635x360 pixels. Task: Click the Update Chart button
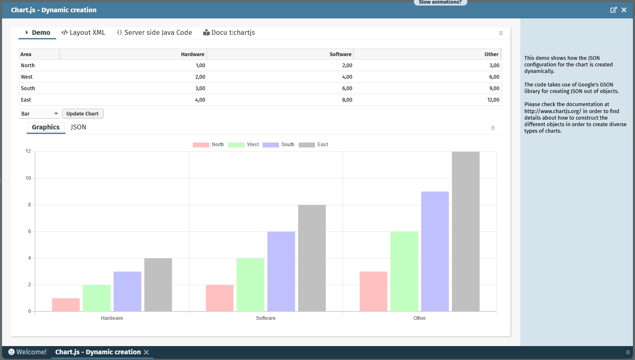[x=82, y=113]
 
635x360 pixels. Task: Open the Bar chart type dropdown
[x=39, y=113]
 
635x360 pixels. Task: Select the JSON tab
[x=78, y=127]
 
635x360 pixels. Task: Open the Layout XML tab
[x=83, y=33]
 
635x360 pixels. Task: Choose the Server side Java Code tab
[x=154, y=33]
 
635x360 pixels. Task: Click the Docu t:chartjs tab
[x=229, y=33]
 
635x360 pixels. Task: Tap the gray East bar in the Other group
[x=465, y=231]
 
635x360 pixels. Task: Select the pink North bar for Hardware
[x=66, y=305]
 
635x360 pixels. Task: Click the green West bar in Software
[x=250, y=285]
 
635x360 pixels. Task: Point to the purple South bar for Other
[x=435, y=251]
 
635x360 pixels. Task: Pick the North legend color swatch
[x=201, y=145]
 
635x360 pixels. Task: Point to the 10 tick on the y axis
[x=28, y=178]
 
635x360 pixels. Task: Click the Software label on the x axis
[x=265, y=318]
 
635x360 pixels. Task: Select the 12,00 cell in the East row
[x=493, y=100]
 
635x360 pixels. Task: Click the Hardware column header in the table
[x=193, y=54]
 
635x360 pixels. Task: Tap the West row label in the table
[x=27, y=77]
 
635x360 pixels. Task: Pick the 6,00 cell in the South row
[x=347, y=88]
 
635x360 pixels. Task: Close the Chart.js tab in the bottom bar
[x=146, y=352]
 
